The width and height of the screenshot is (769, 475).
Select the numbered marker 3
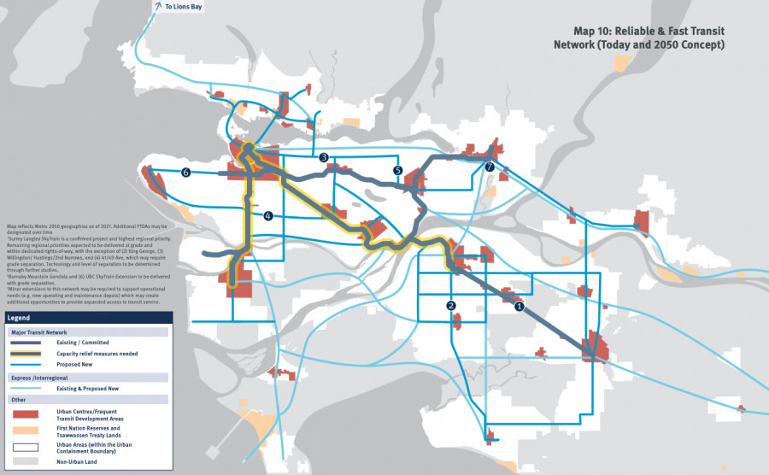point(324,157)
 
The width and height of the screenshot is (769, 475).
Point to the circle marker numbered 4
point(268,216)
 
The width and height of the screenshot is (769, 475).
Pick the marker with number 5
point(398,171)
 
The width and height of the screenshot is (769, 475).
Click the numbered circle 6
point(185,173)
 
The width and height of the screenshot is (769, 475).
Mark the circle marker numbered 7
point(489,167)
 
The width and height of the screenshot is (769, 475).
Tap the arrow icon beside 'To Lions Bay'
point(158,7)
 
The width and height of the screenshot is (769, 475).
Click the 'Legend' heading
point(20,317)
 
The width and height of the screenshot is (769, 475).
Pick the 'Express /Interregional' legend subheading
point(38,376)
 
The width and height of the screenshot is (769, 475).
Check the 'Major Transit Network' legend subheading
point(38,331)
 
